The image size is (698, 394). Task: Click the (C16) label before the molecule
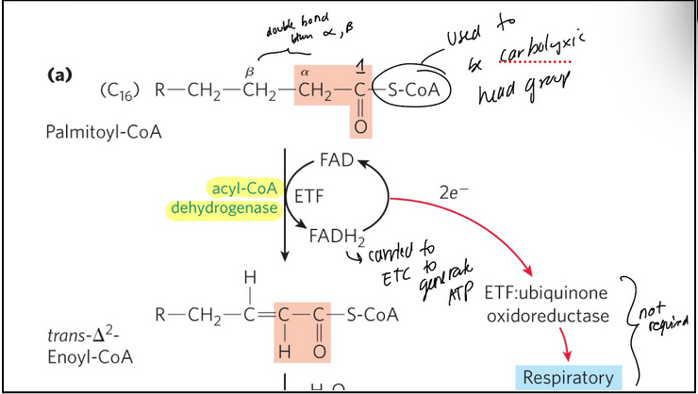coord(119,92)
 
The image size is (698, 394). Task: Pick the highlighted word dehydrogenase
coord(224,208)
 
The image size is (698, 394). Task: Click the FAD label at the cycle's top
coord(336,160)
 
